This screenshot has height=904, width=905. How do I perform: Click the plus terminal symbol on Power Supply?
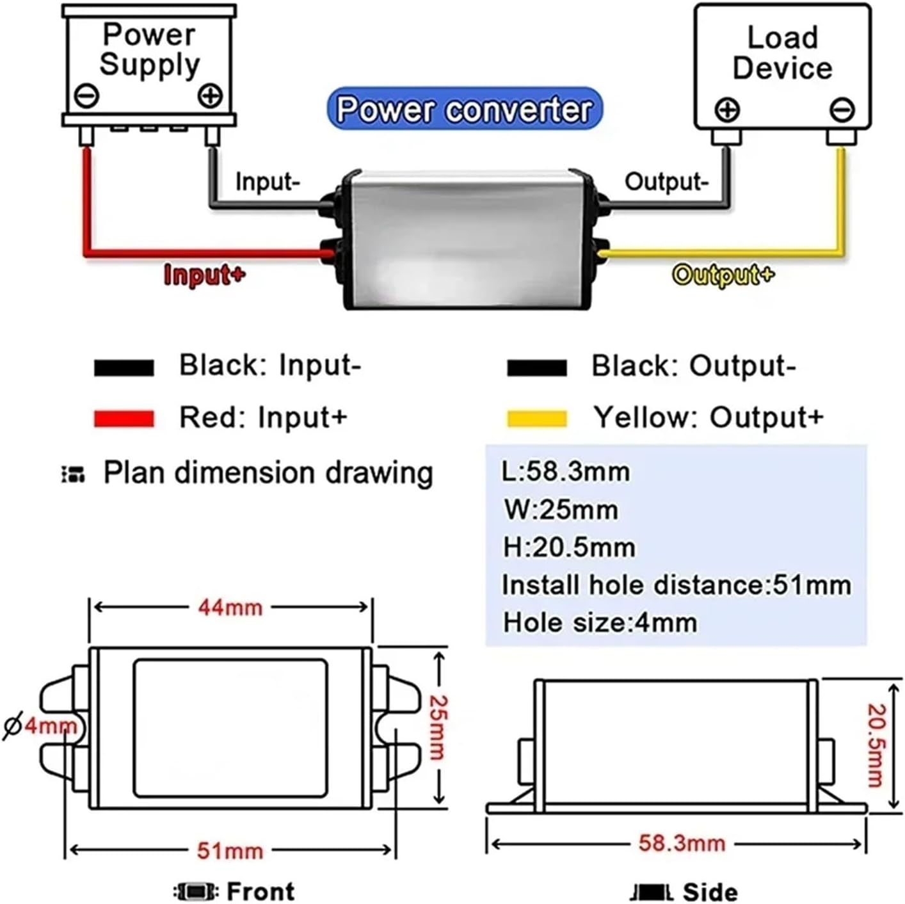(x=210, y=96)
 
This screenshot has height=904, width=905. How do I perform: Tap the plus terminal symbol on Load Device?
(x=727, y=110)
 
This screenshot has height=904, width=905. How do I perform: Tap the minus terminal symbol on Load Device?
(x=842, y=110)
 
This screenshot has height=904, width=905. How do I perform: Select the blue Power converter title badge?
(x=464, y=109)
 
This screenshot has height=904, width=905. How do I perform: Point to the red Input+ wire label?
(x=204, y=275)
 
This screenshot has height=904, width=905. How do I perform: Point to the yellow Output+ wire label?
(x=723, y=275)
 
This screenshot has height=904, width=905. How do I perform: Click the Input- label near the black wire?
(x=268, y=181)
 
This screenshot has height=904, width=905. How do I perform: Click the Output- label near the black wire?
(x=666, y=181)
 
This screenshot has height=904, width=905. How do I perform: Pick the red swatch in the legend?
(x=124, y=419)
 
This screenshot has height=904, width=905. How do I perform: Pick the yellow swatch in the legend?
(x=537, y=419)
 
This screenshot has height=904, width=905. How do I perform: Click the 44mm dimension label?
(x=230, y=608)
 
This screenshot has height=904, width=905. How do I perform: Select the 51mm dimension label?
(x=230, y=850)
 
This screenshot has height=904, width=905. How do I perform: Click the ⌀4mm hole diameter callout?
(x=40, y=726)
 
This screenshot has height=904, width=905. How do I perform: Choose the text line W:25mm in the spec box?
(x=561, y=510)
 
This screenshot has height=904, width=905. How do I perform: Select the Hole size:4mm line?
(x=600, y=623)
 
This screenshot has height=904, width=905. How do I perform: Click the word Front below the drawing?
(x=260, y=891)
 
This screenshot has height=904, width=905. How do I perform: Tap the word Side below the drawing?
(x=710, y=892)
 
